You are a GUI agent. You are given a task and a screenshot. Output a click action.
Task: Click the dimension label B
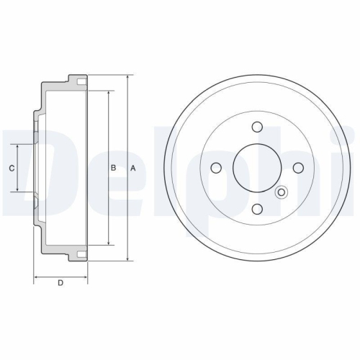coord(113,168)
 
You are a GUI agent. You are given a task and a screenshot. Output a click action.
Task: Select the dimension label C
coord(10,168)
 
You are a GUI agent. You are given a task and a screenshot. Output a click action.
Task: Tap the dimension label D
coord(60,283)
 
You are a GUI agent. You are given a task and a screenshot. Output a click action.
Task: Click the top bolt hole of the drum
coord(256,127)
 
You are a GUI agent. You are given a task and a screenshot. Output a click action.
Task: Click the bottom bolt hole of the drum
coord(256,210)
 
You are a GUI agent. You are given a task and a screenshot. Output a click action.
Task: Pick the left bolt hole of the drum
coord(215,168)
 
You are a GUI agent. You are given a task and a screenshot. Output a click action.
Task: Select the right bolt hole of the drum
coord(297,168)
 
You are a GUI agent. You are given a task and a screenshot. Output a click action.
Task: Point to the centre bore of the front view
coord(256,168)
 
